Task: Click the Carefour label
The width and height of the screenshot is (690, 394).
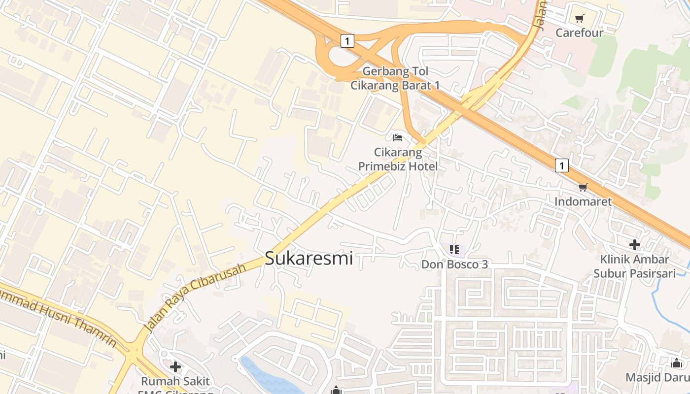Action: pos(579,33)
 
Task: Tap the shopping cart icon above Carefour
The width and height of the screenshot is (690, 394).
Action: pos(579,19)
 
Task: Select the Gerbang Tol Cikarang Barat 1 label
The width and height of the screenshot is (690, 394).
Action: pos(395,78)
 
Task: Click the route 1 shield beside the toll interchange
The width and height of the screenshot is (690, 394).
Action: pos(347,41)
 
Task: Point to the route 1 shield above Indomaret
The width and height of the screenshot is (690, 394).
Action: pos(561,165)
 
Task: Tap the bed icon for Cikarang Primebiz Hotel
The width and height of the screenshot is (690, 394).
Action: pos(398,137)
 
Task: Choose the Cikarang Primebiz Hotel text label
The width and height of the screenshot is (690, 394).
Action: pos(398,159)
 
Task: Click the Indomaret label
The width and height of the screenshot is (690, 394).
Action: pos(583,201)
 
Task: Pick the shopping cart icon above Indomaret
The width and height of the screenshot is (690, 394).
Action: pos(583,187)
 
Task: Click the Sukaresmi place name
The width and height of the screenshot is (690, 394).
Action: pos(309,258)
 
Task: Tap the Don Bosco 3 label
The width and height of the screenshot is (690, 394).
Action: pos(454,264)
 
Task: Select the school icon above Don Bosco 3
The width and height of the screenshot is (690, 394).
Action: pos(454,250)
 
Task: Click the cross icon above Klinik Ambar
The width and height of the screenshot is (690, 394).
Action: pos(634,244)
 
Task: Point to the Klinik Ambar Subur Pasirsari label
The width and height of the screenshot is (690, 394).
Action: pos(634,266)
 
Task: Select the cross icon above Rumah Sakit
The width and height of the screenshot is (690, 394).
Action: pos(175,367)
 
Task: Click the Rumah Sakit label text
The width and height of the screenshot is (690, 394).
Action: pos(175,381)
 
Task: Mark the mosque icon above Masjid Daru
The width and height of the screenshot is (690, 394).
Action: pos(677,363)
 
